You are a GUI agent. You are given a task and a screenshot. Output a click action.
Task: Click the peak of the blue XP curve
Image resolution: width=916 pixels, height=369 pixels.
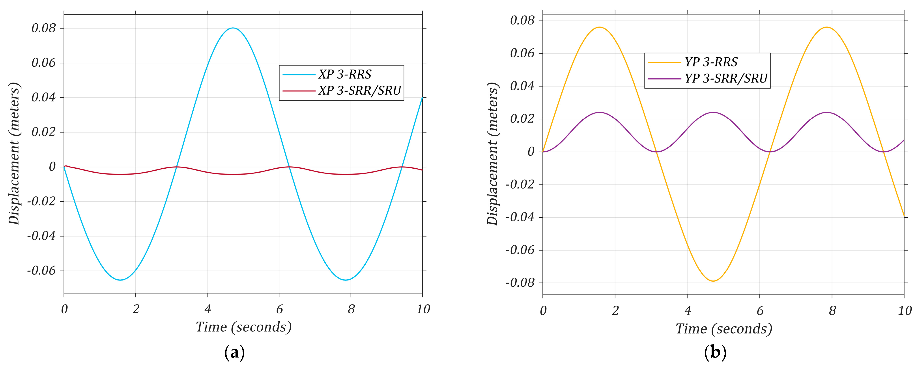tap(233, 28)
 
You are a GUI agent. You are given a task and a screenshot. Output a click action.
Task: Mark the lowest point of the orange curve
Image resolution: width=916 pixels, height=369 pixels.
tap(713, 281)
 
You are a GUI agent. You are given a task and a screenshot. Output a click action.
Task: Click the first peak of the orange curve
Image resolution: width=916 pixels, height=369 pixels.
tap(600, 27)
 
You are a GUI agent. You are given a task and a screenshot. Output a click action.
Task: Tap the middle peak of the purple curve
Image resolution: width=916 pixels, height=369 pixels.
tap(713, 113)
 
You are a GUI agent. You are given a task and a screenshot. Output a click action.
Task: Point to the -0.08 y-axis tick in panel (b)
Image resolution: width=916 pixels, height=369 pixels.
tap(520, 283)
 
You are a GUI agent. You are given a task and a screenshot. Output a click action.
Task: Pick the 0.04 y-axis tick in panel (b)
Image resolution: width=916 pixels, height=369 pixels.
tap(522, 86)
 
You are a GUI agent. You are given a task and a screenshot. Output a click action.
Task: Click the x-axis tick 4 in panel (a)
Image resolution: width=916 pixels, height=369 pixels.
tap(208, 309)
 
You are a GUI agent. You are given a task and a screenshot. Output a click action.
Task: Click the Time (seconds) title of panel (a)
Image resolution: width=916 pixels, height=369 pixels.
tap(244, 327)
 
